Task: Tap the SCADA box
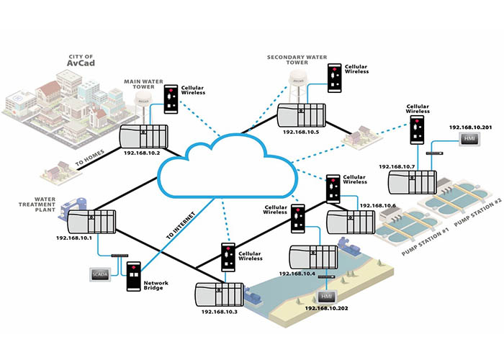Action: (x=98, y=274)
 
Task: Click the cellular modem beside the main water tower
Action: (x=171, y=99)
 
